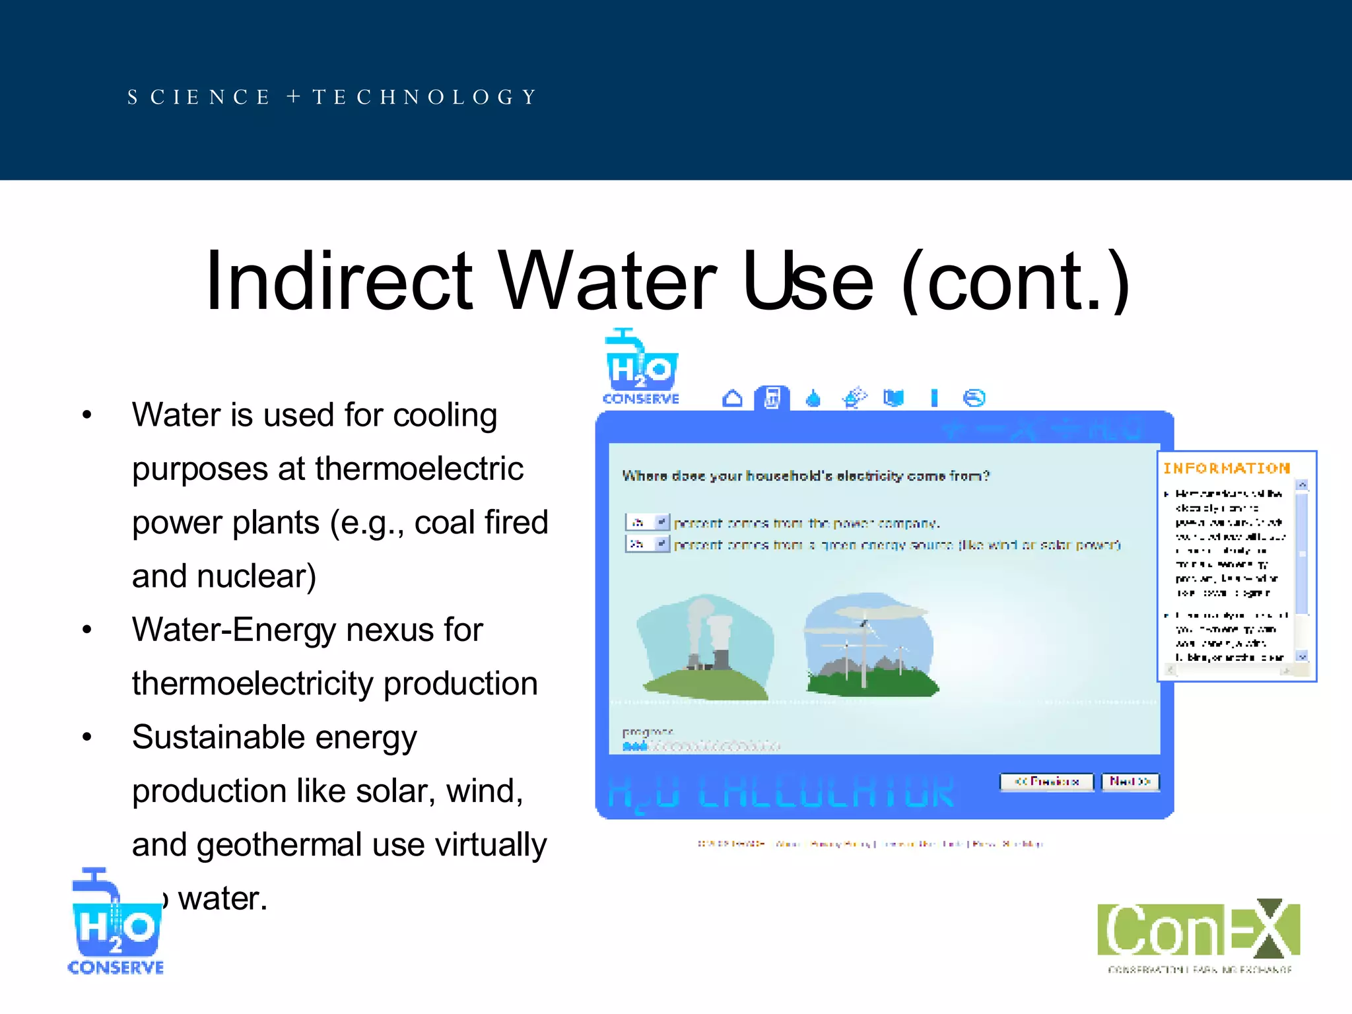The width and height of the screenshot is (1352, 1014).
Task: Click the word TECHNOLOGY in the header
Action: (x=425, y=97)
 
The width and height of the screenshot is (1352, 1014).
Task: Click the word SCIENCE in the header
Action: (x=199, y=97)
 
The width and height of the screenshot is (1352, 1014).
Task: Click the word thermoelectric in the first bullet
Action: (x=419, y=469)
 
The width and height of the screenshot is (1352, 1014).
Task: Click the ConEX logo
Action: (x=1198, y=934)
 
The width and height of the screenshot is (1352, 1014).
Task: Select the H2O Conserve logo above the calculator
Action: (x=641, y=367)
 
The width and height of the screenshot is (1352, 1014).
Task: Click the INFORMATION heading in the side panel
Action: (x=1226, y=469)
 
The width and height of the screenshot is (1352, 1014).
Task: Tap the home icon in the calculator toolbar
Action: (x=732, y=399)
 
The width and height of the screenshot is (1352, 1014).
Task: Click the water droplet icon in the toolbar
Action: (x=813, y=399)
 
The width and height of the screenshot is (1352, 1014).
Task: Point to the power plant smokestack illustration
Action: (x=706, y=647)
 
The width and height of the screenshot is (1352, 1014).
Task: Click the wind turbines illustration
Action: (x=869, y=645)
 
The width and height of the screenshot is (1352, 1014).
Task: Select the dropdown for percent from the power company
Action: (x=648, y=523)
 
